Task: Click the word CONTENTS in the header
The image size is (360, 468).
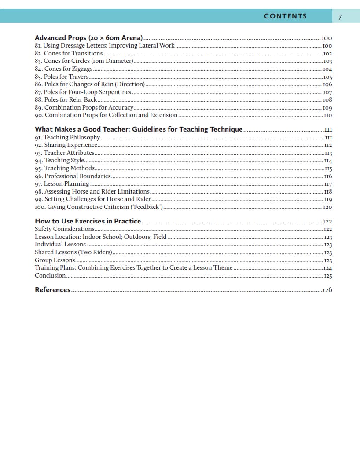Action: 285,16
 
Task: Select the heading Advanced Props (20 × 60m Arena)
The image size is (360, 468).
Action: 88,38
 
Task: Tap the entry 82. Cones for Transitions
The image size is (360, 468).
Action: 69,53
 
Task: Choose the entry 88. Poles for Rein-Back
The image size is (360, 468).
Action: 66,100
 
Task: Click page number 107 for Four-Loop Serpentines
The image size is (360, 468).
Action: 327,92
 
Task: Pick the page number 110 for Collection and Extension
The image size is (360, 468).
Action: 327,115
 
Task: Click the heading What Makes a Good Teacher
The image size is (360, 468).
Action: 139,129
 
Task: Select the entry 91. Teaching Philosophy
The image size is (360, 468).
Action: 67,137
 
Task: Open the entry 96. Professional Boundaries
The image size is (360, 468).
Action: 73,176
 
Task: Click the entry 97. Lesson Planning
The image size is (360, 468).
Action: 62,184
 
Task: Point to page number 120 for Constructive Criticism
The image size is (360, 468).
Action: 327,207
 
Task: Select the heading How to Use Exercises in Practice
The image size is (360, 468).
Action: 88,221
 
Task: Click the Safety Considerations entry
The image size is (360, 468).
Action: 65,229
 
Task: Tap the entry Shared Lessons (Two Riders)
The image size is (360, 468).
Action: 73,252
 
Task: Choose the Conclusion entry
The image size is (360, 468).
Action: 50,276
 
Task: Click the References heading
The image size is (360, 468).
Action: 52,290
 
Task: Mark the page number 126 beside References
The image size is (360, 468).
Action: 327,290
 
